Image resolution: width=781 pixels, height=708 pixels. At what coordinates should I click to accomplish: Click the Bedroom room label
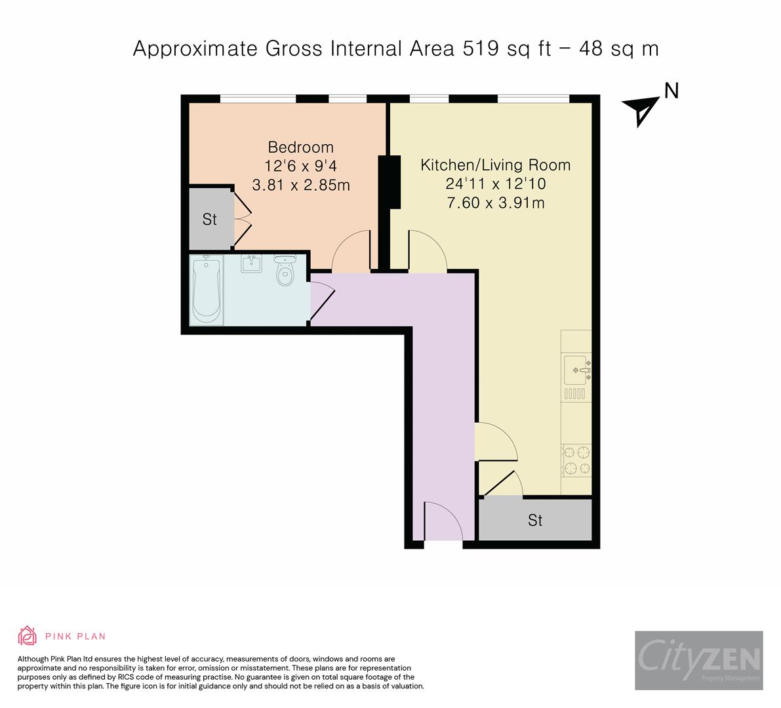pos(300,147)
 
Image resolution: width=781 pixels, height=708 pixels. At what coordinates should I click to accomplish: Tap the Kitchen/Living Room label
pos(495,165)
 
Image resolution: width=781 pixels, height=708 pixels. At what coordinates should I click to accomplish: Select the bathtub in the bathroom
pos(206,290)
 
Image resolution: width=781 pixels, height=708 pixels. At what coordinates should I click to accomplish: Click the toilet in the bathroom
pos(285,270)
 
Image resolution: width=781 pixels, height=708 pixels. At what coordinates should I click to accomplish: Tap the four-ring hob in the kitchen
pos(576,460)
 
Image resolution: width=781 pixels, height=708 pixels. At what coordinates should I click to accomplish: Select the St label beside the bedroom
pos(209,220)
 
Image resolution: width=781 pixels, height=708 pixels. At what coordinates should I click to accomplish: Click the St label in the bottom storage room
pos(535,521)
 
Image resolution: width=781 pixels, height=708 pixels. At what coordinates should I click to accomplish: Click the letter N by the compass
pos(671,91)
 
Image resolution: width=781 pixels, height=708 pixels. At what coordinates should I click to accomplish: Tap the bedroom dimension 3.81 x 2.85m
pos(301,186)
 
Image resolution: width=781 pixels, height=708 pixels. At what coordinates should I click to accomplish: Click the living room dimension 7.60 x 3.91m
pos(495,203)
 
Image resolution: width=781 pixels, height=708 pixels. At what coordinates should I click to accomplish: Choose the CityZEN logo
pos(698,660)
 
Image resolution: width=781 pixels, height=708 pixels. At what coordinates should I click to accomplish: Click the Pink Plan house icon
pos(28,635)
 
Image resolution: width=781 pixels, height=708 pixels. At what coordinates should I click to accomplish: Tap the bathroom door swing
pos(322,302)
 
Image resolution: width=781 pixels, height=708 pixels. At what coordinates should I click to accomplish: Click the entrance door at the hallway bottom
pos(443,521)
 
